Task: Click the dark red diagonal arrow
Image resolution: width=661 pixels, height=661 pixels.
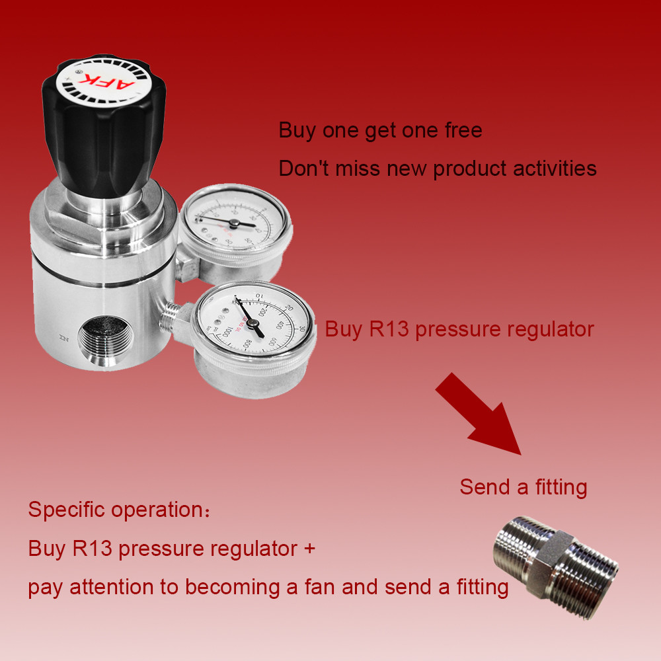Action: tap(482, 415)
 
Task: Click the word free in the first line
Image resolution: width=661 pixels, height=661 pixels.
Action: tap(463, 130)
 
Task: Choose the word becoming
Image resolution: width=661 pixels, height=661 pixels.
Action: tap(240, 587)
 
